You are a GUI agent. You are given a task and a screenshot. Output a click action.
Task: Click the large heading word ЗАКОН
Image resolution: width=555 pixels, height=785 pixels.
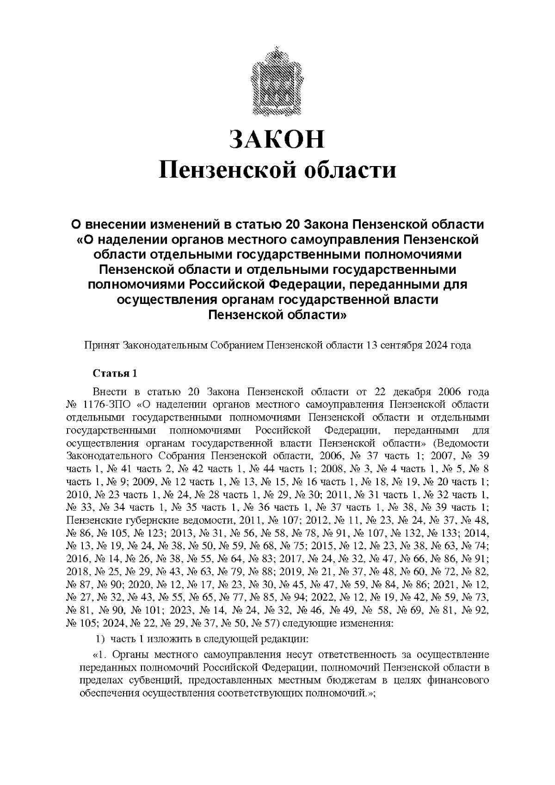(277, 139)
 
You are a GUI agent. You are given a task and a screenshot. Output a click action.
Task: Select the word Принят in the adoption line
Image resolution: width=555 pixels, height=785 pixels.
(101, 346)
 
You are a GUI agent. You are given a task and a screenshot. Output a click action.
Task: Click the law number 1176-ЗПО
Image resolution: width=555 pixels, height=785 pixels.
(108, 405)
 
